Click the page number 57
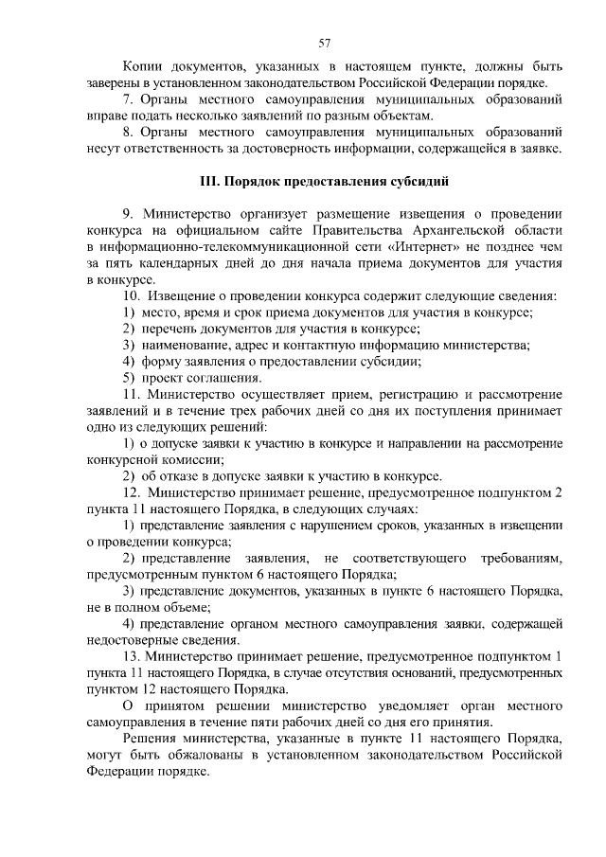(325, 43)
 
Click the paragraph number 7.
(128, 99)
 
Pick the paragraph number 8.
(128, 133)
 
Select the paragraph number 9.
(128, 215)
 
